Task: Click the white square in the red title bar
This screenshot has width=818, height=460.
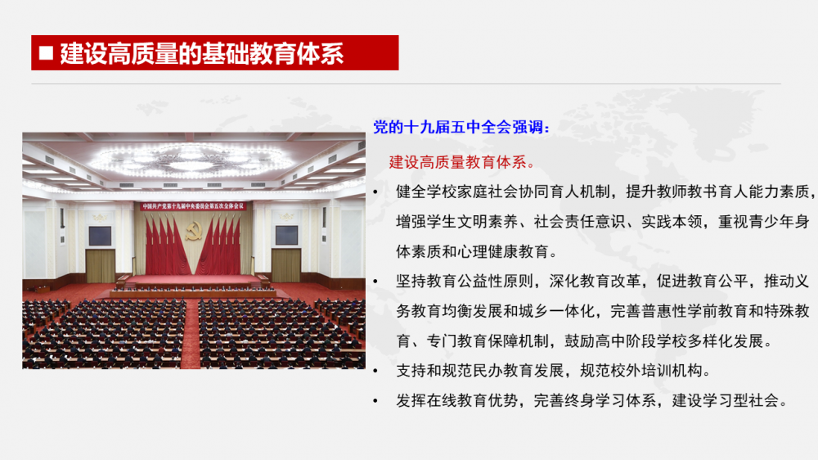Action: [x=46, y=52]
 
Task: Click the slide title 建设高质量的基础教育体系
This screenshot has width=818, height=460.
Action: [x=202, y=53]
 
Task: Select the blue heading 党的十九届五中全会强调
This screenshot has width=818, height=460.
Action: [x=461, y=127]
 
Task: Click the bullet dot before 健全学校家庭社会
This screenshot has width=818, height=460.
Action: [x=375, y=192]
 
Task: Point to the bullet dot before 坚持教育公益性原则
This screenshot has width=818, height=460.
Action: [x=375, y=282]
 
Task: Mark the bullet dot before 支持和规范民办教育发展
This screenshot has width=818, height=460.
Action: [x=375, y=372]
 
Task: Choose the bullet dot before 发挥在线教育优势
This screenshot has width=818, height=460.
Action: [x=375, y=401]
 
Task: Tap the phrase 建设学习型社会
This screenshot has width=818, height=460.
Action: [x=725, y=400]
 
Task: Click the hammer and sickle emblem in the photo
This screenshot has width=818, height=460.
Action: [x=194, y=232]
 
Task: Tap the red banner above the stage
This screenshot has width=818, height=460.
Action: [x=194, y=206]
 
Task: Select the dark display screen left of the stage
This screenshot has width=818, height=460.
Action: [x=100, y=236]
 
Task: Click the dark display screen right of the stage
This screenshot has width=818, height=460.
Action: [x=286, y=236]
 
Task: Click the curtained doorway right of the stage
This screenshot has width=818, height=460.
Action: [x=286, y=266]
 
